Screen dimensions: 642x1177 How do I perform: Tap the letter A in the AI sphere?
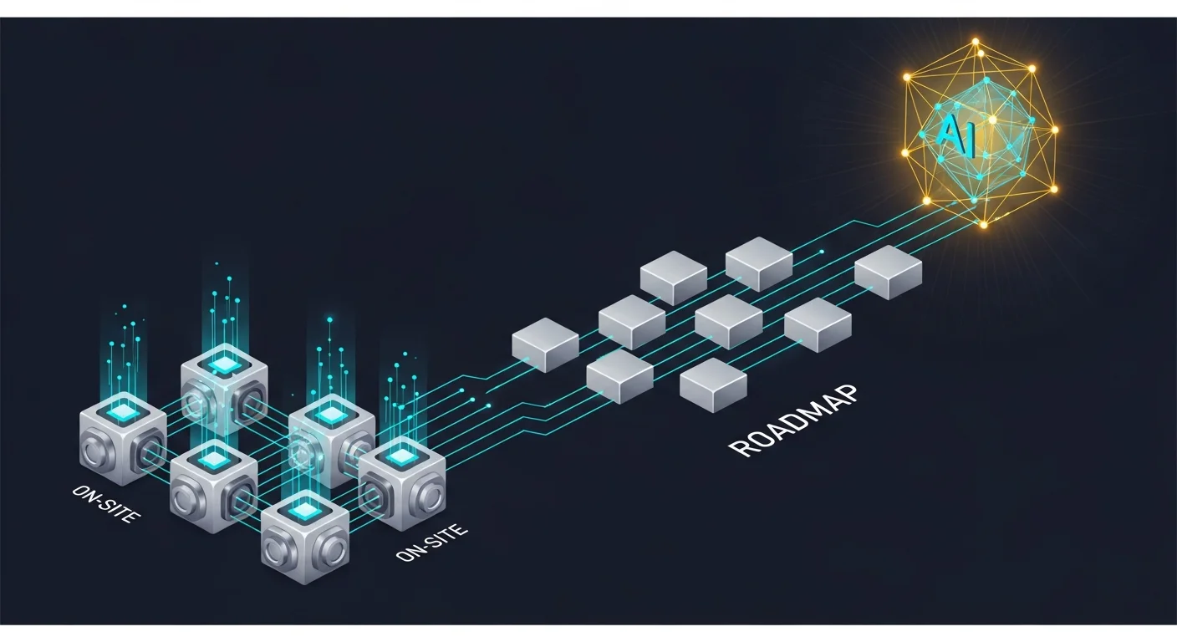pyautogui.click(x=950, y=131)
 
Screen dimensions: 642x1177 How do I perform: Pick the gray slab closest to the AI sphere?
pyautogui.click(x=888, y=271)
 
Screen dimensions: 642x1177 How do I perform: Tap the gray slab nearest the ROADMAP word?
pyautogui.click(x=713, y=385)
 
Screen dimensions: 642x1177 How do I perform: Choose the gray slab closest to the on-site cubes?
pyautogui.click(x=545, y=344)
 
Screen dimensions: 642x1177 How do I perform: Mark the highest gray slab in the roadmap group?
pyautogui.click(x=758, y=262)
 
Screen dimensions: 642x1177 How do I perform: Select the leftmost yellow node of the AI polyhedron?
pyautogui.click(x=905, y=153)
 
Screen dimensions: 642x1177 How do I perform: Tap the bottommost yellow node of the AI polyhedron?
pyautogui.click(x=983, y=225)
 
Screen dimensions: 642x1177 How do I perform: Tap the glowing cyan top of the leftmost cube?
pyautogui.click(x=122, y=411)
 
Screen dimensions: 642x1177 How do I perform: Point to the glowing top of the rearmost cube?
pyautogui.click(x=224, y=363)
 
